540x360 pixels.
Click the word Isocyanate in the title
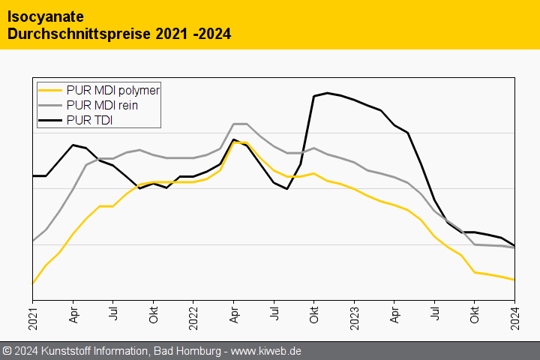(46, 16)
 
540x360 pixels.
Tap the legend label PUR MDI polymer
(113, 91)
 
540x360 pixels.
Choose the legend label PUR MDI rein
(102, 105)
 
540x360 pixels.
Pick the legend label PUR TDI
(89, 119)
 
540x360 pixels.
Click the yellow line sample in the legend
(51, 91)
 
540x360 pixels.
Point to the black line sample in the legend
(51, 119)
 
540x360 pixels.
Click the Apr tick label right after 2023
(394, 314)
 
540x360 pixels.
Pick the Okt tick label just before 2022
(154, 314)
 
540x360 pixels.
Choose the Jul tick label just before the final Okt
(434, 313)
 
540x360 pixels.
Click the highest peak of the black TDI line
(328, 93)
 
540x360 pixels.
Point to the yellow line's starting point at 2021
(33, 283)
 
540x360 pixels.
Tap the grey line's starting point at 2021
(33, 241)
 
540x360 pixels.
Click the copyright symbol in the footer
(7, 351)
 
